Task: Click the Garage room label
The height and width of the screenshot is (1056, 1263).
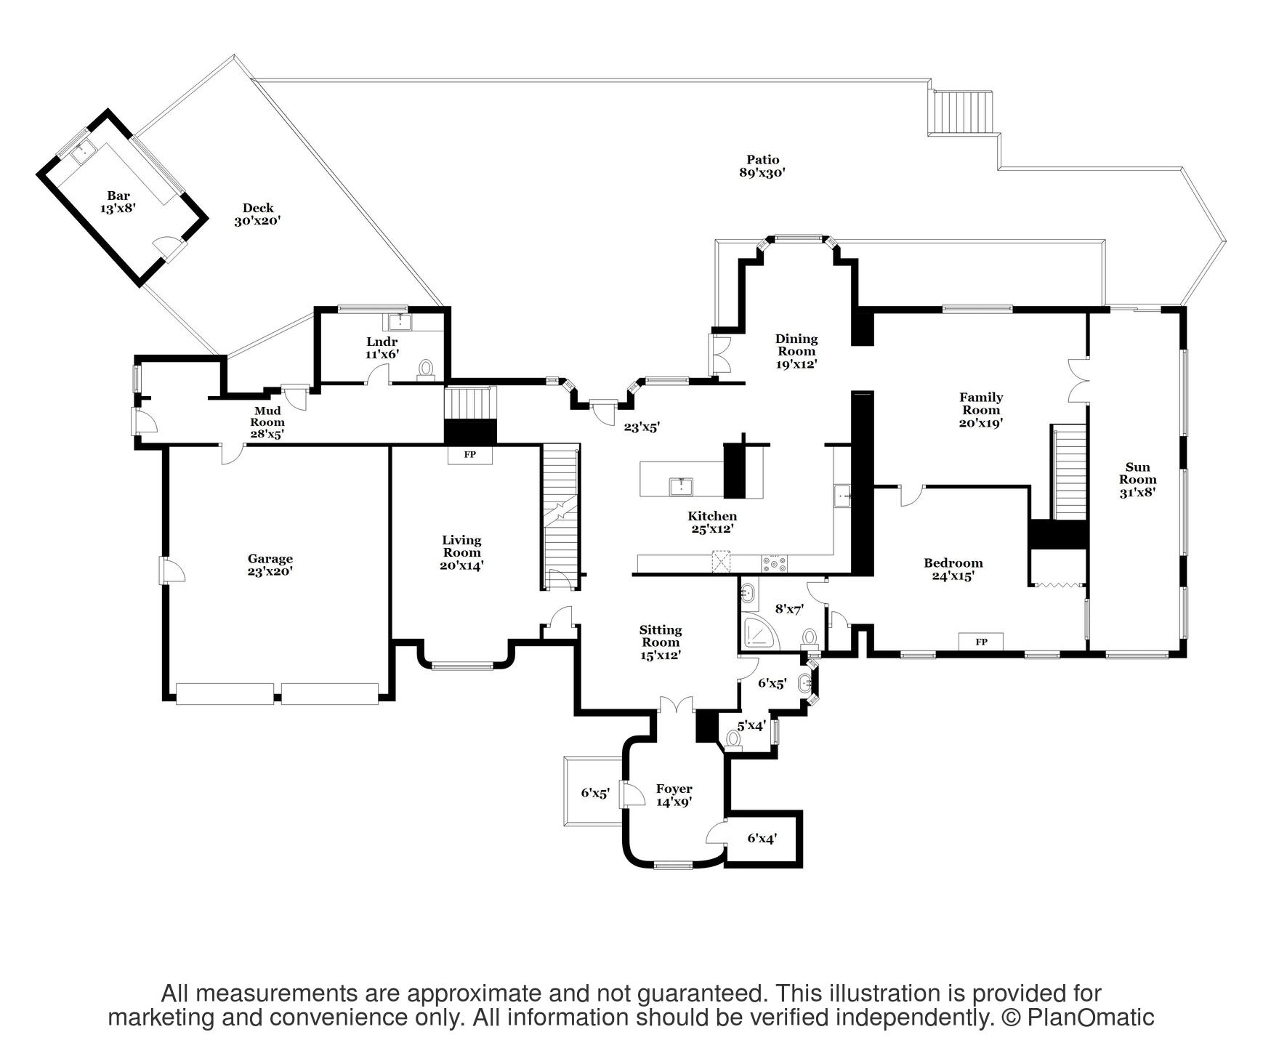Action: (x=270, y=565)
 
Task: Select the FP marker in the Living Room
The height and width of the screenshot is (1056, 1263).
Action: (x=470, y=455)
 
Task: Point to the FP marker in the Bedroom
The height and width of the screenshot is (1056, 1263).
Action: (x=981, y=642)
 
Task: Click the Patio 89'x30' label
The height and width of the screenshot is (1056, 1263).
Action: (x=762, y=166)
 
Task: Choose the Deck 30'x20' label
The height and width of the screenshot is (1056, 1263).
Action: (x=258, y=214)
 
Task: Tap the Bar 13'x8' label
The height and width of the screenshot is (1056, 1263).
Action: (x=118, y=201)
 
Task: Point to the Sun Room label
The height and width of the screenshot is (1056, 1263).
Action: (x=1137, y=480)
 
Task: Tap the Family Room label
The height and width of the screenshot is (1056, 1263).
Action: (x=981, y=410)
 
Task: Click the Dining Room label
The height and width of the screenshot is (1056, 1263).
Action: (x=796, y=351)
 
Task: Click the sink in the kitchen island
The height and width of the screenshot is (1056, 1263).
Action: (x=681, y=485)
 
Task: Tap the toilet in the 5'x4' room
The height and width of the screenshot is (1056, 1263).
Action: (x=733, y=739)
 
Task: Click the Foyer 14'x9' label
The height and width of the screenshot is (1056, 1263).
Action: (x=674, y=795)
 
